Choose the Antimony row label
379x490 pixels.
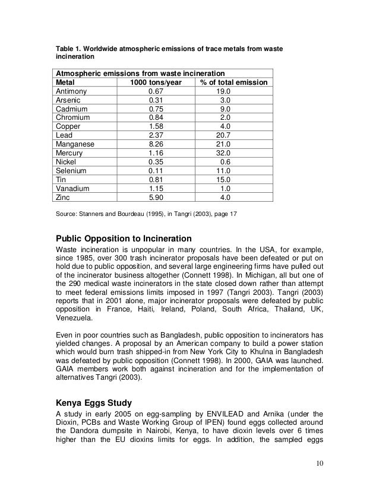click(x=71, y=92)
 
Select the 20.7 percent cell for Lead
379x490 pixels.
click(x=223, y=135)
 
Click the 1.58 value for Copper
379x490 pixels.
click(x=156, y=126)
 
